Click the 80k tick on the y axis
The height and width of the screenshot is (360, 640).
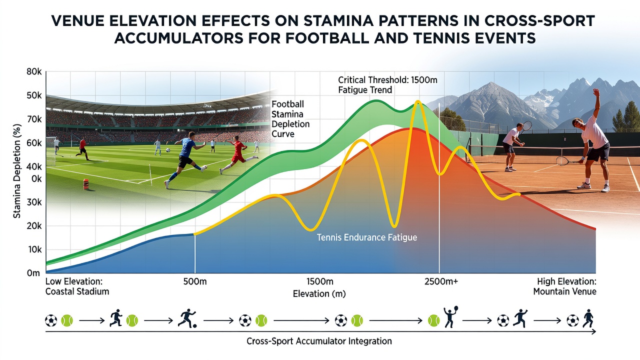[34, 72]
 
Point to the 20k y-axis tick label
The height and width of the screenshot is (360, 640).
[34, 226]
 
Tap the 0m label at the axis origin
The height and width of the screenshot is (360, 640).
[33, 273]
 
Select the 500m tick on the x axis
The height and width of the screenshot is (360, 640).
[195, 281]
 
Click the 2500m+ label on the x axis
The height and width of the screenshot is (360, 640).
[441, 281]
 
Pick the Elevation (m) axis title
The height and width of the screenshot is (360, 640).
[319, 293]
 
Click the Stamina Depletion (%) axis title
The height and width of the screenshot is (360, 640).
[17, 171]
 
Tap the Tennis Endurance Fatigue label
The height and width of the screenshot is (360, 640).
[367, 237]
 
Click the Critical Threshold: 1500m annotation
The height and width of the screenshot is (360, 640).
[387, 79]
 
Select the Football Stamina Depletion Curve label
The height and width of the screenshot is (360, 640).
[290, 119]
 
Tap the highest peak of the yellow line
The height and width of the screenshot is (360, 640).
[418, 101]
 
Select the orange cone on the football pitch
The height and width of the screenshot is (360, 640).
[85, 184]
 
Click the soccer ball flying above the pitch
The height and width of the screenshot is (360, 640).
[168, 149]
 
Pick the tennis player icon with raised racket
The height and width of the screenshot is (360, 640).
[450, 316]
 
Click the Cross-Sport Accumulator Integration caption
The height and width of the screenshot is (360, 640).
[319, 341]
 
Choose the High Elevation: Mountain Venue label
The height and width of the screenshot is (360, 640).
[564, 286]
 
